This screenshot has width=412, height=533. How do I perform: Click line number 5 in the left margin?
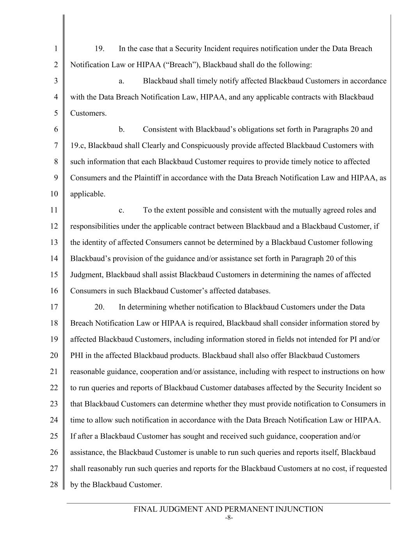[x=56, y=113]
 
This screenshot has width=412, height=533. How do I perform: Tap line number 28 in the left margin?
[x=54, y=485]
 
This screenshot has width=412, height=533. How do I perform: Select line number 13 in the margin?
[x=54, y=242]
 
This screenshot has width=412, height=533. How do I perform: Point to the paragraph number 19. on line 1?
[x=100, y=49]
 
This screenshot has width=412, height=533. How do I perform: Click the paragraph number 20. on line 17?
[x=100, y=307]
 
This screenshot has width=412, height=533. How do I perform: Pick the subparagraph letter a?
[x=121, y=81]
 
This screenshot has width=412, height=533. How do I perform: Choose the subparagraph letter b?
[x=121, y=129]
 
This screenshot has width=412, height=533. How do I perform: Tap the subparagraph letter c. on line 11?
[x=121, y=210]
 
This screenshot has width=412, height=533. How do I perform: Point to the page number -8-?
[x=229, y=518]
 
